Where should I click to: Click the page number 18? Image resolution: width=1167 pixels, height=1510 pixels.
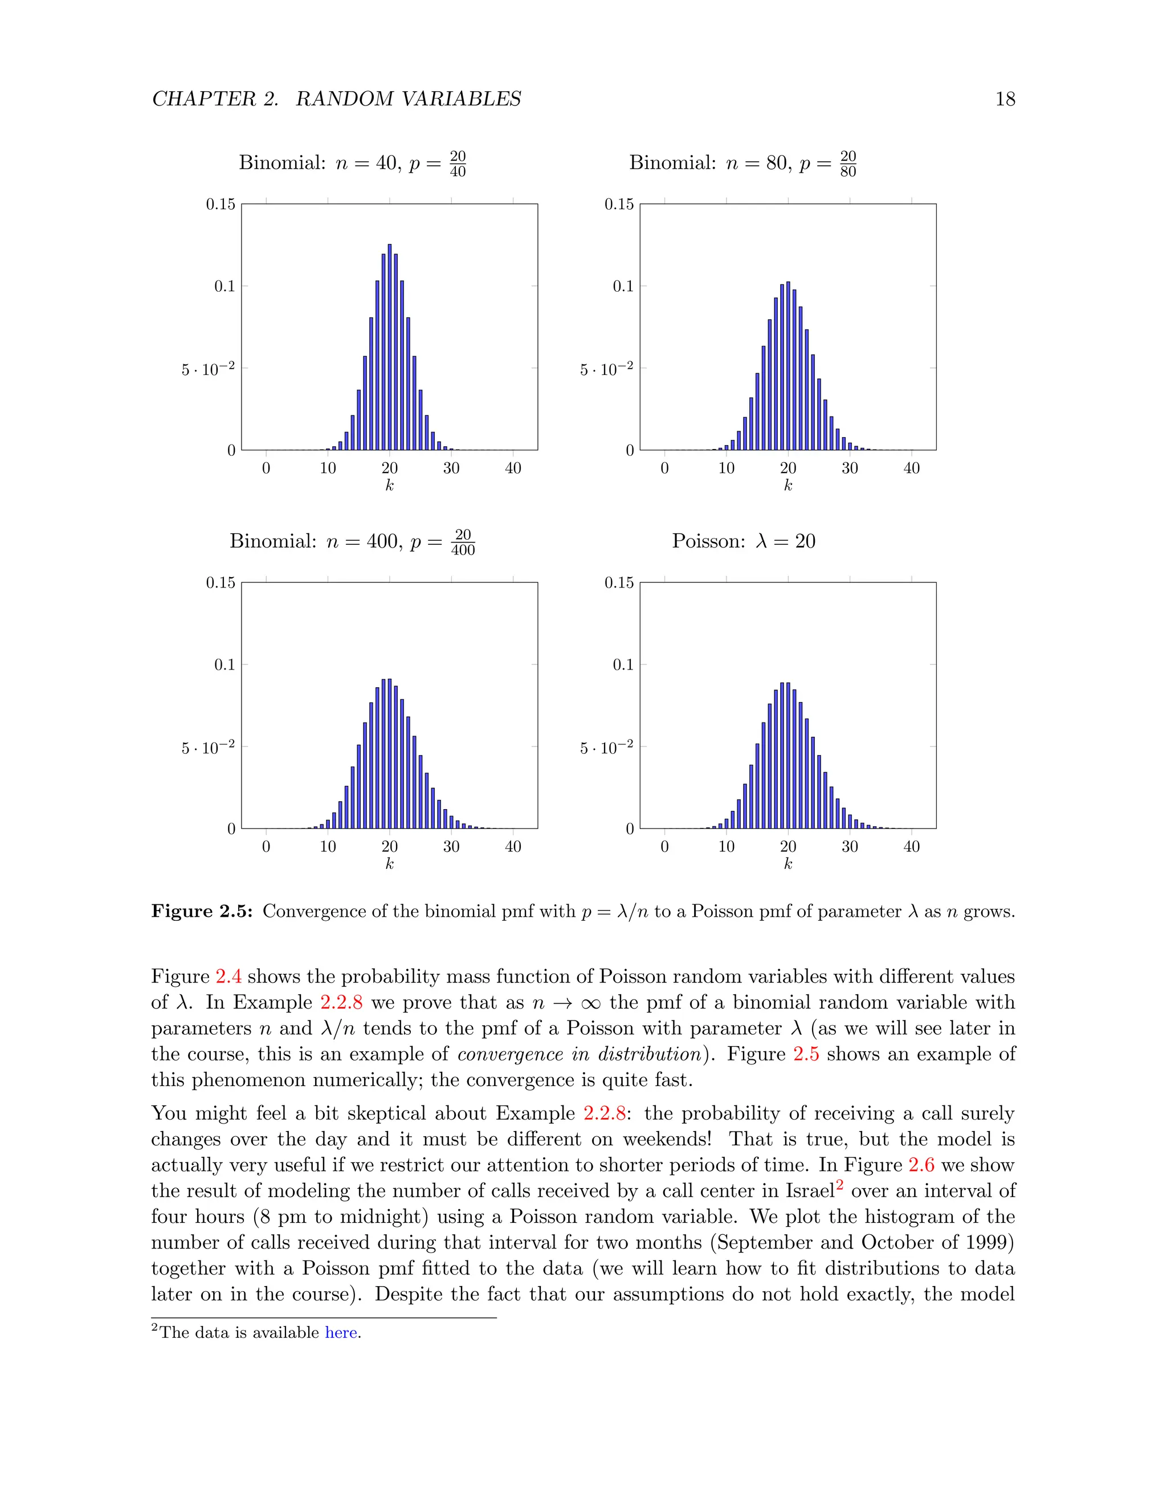(1005, 99)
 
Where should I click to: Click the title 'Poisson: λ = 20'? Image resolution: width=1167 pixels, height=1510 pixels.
(743, 541)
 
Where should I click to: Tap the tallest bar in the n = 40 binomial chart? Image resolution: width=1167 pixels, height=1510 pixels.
(389, 346)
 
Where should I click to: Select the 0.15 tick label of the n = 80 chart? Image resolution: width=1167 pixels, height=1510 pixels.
(619, 204)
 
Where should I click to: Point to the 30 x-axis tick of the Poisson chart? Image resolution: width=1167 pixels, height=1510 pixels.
(850, 846)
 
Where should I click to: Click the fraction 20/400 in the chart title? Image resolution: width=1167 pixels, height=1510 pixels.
(463, 542)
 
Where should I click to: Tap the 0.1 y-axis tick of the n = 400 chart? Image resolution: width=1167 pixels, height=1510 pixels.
(224, 664)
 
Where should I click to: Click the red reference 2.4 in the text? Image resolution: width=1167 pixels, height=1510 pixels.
(228, 976)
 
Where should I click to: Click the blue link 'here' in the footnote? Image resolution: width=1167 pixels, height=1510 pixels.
(341, 1332)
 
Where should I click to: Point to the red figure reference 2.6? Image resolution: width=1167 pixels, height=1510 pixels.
(921, 1165)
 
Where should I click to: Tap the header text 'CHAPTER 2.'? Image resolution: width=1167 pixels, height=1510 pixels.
(215, 99)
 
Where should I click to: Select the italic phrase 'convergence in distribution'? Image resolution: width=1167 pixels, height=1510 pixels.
(579, 1054)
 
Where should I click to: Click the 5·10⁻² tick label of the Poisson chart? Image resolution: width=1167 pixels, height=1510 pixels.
(606, 748)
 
